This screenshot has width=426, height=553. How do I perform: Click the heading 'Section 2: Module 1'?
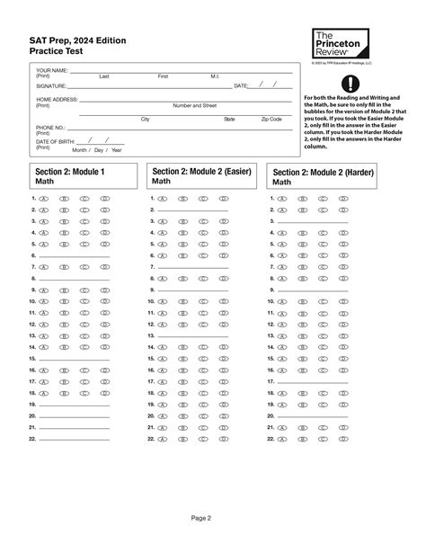(x=70, y=171)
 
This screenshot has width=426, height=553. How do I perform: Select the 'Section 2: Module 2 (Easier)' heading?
(x=201, y=171)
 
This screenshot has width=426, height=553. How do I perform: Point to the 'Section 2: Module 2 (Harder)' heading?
(x=324, y=172)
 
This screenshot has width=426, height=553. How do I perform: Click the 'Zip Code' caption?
(x=271, y=119)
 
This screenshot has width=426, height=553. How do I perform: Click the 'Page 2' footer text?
(x=213, y=518)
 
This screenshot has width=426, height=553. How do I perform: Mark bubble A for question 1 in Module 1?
(x=42, y=197)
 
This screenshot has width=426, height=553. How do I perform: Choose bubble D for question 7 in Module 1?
(x=105, y=267)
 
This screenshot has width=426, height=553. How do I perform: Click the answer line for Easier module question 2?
(x=194, y=209)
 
